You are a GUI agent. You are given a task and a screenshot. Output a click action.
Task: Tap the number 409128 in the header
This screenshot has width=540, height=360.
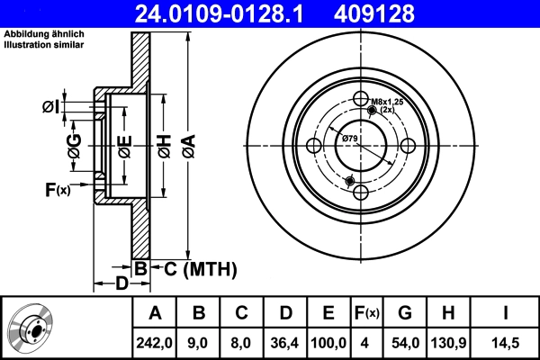(400, 13)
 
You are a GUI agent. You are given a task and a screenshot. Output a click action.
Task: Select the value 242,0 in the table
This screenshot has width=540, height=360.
(155, 342)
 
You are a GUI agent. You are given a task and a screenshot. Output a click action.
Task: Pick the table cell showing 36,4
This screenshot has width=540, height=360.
(285, 342)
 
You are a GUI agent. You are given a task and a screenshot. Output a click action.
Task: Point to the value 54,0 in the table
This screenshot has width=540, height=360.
(404, 342)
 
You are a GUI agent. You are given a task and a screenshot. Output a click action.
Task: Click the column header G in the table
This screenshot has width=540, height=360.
(404, 313)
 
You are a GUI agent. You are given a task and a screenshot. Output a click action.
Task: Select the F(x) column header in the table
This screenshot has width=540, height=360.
(366, 313)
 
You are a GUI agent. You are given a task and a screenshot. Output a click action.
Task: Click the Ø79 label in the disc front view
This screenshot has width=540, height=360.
(350, 138)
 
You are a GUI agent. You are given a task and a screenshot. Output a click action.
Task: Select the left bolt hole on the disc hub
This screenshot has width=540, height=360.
(314, 147)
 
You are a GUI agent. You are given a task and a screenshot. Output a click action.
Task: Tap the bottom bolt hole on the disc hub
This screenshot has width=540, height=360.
(361, 193)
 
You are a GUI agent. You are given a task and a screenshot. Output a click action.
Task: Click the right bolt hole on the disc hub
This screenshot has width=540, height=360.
(408, 147)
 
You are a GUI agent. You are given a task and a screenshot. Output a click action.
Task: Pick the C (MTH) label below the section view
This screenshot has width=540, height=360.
(199, 267)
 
